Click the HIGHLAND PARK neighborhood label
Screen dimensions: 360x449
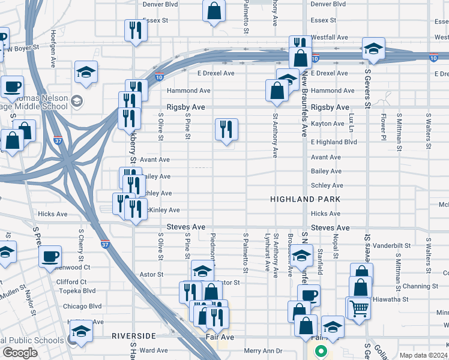coord(305,199)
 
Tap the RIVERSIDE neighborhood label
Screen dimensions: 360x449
coord(133,336)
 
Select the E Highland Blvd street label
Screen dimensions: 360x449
coord(334,142)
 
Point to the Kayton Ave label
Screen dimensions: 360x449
coord(328,124)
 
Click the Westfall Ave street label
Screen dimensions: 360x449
coord(330,37)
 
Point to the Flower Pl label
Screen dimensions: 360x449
coord(382,125)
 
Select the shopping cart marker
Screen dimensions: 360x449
coord(359,308)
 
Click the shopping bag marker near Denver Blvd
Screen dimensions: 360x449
coord(214,10)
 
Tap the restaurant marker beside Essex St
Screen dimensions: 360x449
coord(135,29)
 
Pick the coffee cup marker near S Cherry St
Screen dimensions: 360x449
coord(50,256)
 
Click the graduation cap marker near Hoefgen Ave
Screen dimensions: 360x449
coord(86,71)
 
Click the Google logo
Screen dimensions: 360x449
coord(20,353)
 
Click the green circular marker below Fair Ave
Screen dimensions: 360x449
coord(321,352)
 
